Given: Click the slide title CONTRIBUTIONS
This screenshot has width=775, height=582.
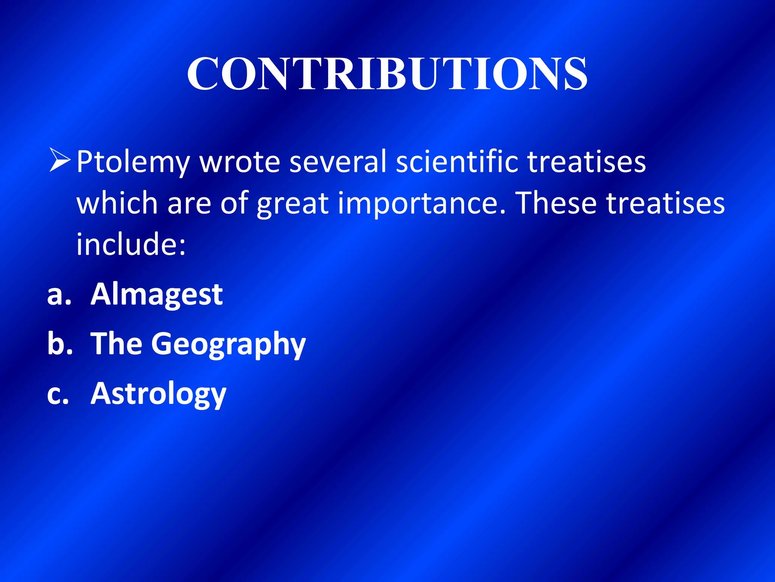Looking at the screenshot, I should coord(387,74).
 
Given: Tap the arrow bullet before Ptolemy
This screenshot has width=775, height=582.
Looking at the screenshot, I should coord(60,161).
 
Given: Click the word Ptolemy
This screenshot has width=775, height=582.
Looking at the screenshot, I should coord(133,162).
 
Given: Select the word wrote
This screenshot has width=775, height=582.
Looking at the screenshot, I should coord(240,162).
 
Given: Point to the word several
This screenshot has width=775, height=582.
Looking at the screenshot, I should coord(338,162).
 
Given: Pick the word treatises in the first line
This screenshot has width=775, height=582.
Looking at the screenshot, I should coord(586,162).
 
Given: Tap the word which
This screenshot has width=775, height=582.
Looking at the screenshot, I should coord(117,203).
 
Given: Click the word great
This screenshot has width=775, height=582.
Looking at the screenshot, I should coord(293,204).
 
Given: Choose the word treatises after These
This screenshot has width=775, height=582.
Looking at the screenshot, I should coord(666,203).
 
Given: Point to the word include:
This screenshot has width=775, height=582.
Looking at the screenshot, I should coord(131,244).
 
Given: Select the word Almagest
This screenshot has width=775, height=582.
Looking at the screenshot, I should coord(157,295).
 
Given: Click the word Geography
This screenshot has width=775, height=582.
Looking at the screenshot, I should coord(228,344).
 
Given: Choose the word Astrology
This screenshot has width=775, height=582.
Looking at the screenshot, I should coord(158,394).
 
